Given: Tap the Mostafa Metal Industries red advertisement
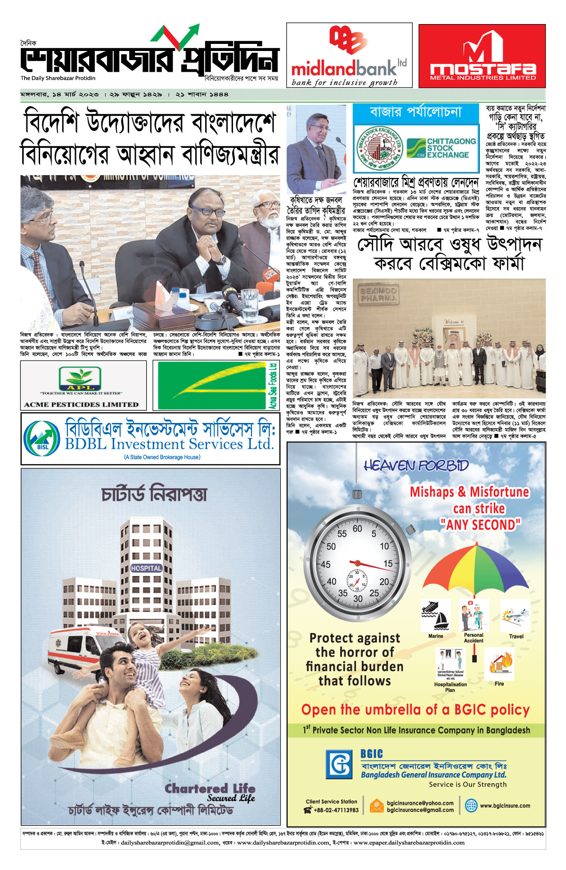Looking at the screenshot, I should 482,56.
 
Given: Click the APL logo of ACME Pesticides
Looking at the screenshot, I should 80,379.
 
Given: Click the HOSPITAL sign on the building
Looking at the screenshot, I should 146,568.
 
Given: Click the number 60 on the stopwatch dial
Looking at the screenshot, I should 358,529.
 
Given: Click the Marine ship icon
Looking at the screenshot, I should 435,616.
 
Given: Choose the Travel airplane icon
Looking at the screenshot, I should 516,616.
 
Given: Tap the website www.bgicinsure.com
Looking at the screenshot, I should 505,806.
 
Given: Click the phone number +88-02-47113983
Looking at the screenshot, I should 336,810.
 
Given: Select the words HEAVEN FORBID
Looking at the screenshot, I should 416,466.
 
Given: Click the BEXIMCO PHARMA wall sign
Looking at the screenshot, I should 378,294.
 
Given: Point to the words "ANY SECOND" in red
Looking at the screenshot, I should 480,524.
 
